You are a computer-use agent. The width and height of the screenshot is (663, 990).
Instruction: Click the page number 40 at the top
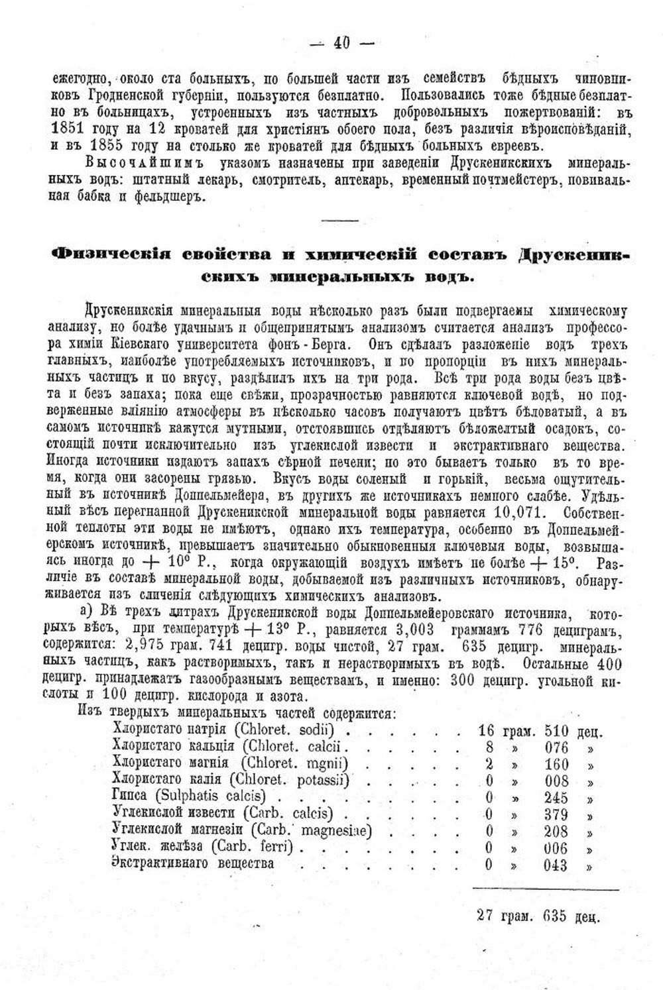pyautogui.click(x=342, y=43)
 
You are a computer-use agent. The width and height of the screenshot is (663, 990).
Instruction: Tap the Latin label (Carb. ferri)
pyautogui.click(x=255, y=848)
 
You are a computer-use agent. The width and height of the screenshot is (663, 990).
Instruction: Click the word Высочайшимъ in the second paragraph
pyautogui.click(x=139, y=162)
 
